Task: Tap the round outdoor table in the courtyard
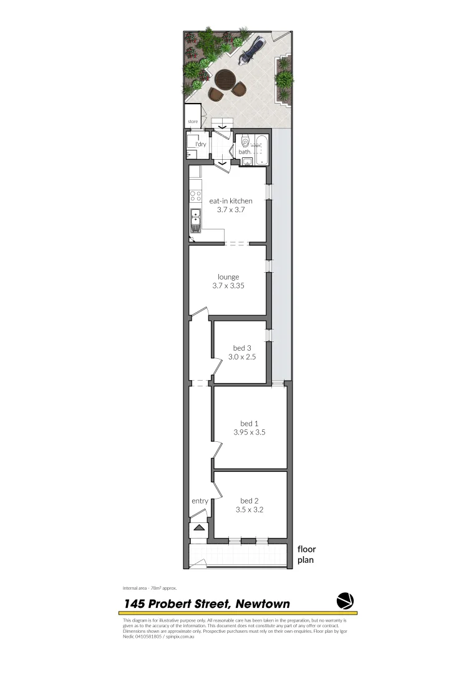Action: pos(225,81)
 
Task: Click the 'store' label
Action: pos(193,122)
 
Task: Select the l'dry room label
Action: pos(200,144)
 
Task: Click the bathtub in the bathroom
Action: pos(261,150)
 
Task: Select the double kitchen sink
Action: pos(195,219)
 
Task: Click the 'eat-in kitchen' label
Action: pos(231,201)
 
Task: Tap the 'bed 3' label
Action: pos(242,348)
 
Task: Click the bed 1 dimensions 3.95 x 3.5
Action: pos(250,432)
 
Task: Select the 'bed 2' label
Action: pos(249,501)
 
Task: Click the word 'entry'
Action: pos(200,501)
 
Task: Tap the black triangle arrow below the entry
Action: pos(199,528)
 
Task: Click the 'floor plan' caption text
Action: pos(306,554)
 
